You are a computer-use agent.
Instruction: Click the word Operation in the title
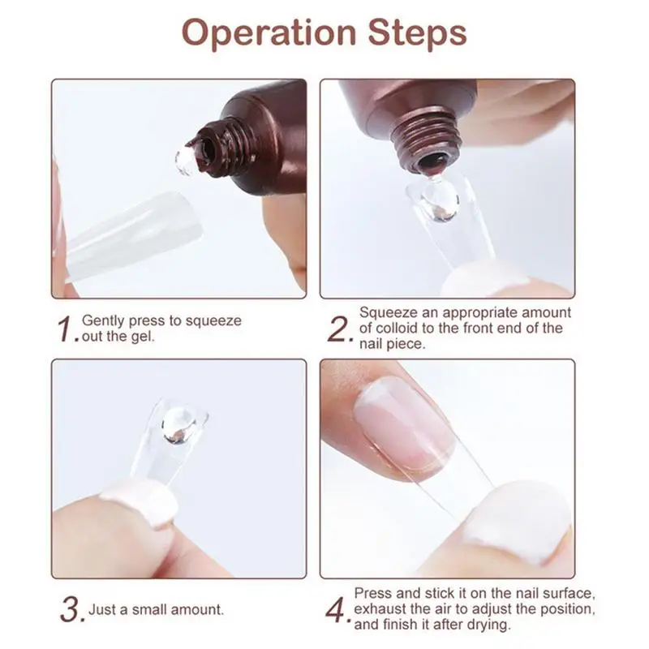point(269,33)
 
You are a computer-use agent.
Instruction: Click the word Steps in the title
point(417,33)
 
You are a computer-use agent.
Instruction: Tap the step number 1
point(67,329)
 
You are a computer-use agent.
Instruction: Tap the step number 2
point(339,329)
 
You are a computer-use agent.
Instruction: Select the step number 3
point(72,609)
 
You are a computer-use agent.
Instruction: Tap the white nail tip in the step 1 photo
point(133,237)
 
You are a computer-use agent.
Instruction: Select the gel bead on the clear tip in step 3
point(178,425)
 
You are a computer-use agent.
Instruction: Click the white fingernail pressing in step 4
point(518,522)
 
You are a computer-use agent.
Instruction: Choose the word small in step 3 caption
point(148,610)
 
